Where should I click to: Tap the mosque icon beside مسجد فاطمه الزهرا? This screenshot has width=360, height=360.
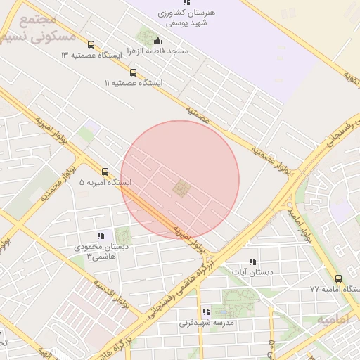coord(157,41)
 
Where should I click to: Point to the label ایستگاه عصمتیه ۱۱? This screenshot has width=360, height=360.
coord(134,83)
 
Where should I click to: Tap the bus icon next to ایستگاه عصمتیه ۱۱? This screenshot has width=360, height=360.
coord(133,72)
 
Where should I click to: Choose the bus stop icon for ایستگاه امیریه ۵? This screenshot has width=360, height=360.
coord(105,171)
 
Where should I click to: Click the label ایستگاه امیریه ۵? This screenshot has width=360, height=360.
coord(105,183)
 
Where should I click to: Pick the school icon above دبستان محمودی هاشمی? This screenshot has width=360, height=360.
coord(101,236)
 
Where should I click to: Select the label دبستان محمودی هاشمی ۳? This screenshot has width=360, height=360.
coord(100,252)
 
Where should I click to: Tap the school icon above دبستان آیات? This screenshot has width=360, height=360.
coord(252,262)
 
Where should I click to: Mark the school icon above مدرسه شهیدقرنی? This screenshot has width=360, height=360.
coord(206,311)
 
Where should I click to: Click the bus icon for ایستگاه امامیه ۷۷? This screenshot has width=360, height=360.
coord(338,278)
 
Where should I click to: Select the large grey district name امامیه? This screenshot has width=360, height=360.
coord(333,320)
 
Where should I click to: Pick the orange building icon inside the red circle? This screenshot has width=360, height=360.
coord(181,188)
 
